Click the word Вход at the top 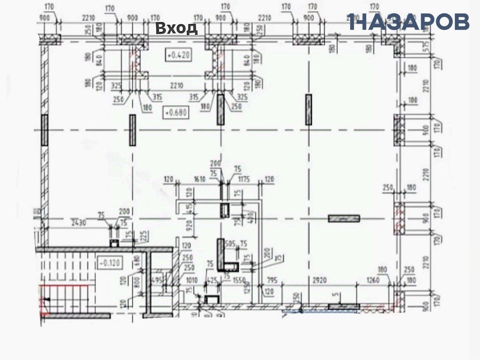176,28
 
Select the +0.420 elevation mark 179,55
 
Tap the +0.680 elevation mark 175,112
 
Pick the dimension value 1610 199,179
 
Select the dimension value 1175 246,179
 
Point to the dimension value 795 275,280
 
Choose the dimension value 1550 238,280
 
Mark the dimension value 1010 191,280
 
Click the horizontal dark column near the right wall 344,218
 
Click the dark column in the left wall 45,130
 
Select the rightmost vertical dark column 309,109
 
